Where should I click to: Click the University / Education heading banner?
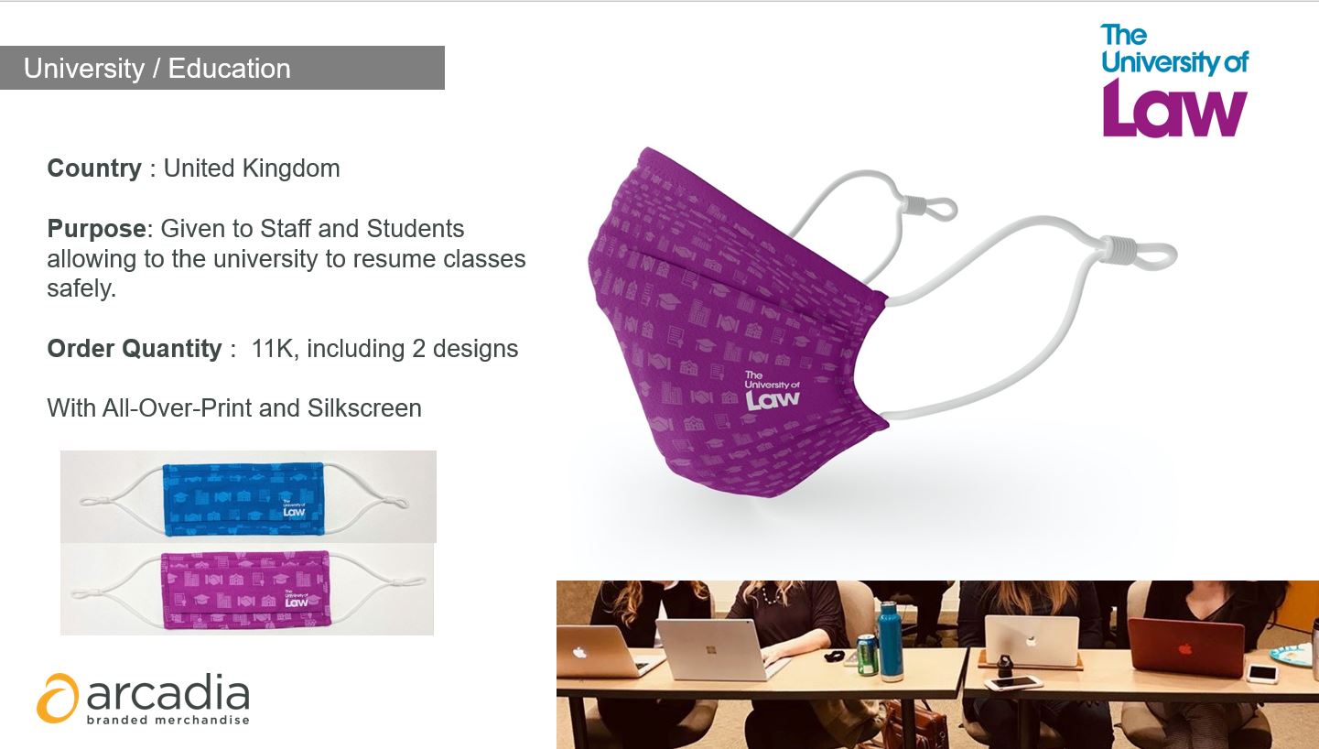222,68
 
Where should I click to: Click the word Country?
94,168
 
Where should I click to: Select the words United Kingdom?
252,168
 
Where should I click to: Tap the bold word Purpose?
97,229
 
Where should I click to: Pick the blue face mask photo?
243,499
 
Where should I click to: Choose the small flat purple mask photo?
246,590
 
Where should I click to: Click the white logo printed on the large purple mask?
772,390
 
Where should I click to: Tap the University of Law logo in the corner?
1174,80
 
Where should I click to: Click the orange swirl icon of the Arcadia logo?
58,698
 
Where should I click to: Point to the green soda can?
867,654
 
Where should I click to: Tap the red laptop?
1185,647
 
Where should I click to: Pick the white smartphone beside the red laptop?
1262,673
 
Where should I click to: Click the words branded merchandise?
168,720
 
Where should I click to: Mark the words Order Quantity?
135,349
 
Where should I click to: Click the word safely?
81,288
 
